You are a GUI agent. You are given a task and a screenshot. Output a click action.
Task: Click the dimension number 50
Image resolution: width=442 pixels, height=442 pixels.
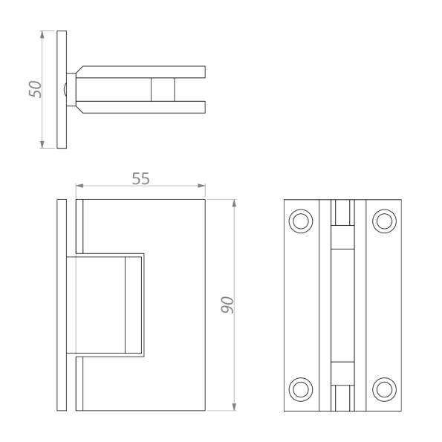(35, 89)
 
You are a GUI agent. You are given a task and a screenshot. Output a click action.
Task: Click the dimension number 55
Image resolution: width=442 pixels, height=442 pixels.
(140, 178)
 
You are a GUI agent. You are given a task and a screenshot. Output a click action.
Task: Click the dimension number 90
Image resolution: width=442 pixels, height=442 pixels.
(227, 305)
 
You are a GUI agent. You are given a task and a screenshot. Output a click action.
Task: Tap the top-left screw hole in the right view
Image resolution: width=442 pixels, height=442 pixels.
(301, 221)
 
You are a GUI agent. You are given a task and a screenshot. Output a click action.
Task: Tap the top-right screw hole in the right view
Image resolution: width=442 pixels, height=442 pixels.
(385, 221)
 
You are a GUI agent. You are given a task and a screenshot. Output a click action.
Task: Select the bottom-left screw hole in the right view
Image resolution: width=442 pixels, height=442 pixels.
(301, 389)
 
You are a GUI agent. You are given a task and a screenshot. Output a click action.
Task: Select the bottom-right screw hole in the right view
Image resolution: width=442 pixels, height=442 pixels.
(385, 389)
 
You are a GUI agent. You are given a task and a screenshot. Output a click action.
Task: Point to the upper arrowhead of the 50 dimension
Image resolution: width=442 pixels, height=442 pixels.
(42, 34)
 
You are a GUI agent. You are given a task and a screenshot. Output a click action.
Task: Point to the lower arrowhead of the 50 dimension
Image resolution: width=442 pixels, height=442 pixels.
(42, 144)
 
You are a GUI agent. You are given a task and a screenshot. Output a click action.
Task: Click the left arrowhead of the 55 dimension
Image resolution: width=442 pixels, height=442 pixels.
(79, 186)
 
